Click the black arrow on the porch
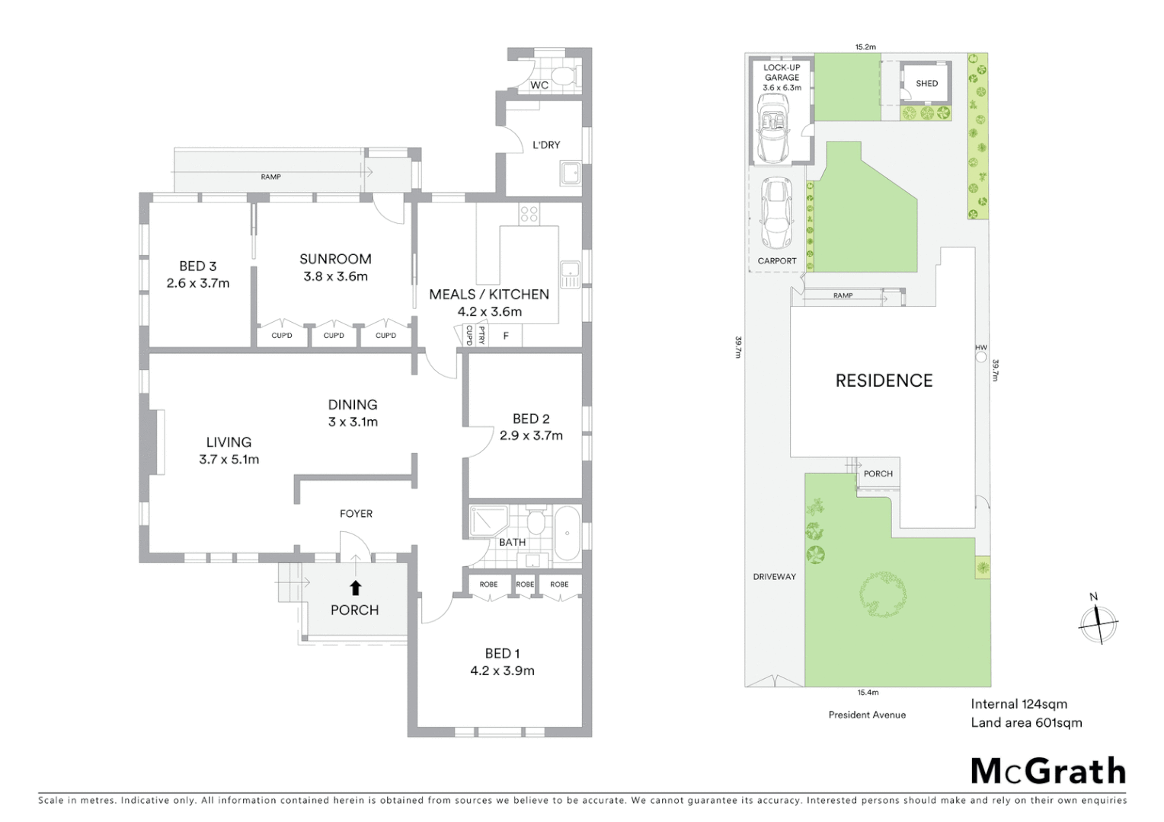(x=355, y=587)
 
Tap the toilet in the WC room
(x=564, y=75)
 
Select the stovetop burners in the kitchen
(x=529, y=215)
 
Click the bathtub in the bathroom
(x=566, y=534)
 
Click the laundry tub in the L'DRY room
(x=570, y=174)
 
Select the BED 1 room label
(x=502, y=653)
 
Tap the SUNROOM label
(x=335, y=259)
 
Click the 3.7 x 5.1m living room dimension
(x=229, y=459)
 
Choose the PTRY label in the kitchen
(x=481, y=336)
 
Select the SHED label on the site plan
(x=926, y=84)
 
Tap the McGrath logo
(x=1047, y=771)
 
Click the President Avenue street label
(x=867, y=715)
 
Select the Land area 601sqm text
(x=1025, y=723)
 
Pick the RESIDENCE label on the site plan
(x=884, y=381)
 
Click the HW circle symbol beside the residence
(x=981, y=357)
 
